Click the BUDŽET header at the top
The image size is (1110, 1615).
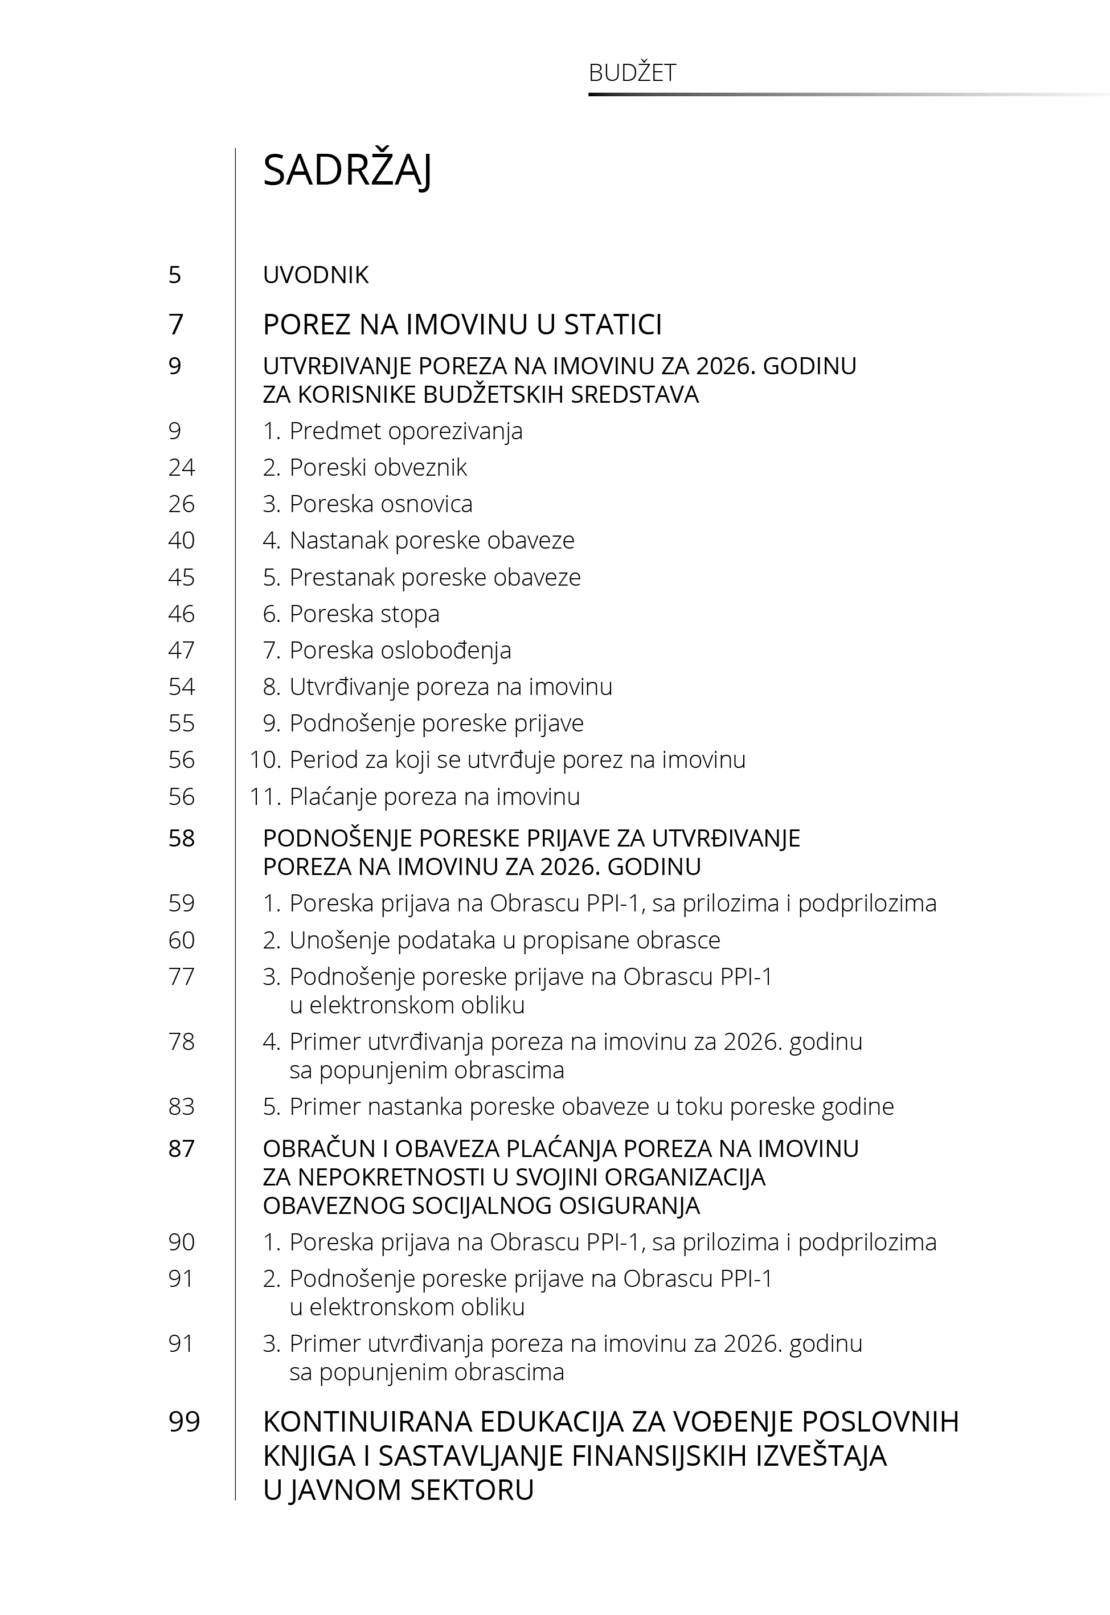click(x=632, y=73)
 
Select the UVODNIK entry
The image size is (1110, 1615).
click(x=315, y=275)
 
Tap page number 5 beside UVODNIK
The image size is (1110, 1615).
click(x=175, y=275)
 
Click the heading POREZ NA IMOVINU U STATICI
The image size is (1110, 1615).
click(x=462, y=325)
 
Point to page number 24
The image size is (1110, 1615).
click(x=182, y=467)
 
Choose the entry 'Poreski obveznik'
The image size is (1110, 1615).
click(x=378, y=467)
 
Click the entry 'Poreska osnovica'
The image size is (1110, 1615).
click(x=380, y=504)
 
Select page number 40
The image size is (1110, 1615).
click(x=182, y=541)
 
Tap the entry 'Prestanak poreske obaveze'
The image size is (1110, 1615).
click(x=435, y=577)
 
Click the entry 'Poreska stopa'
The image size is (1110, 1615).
click(x=364, y=614)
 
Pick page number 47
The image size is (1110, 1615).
click(x=182, y=651)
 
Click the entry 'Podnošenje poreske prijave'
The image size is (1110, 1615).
click(x=436, y=723)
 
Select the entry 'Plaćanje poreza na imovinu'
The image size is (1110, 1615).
click(x=434, y=797)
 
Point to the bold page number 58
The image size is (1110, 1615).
click(x=182, y=839)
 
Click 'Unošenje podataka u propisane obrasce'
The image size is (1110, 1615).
click(x=504, y=941)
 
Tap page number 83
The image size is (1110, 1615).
click(x=182, y=1106)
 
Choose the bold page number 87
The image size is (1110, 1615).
click(x=182, y=1149)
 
